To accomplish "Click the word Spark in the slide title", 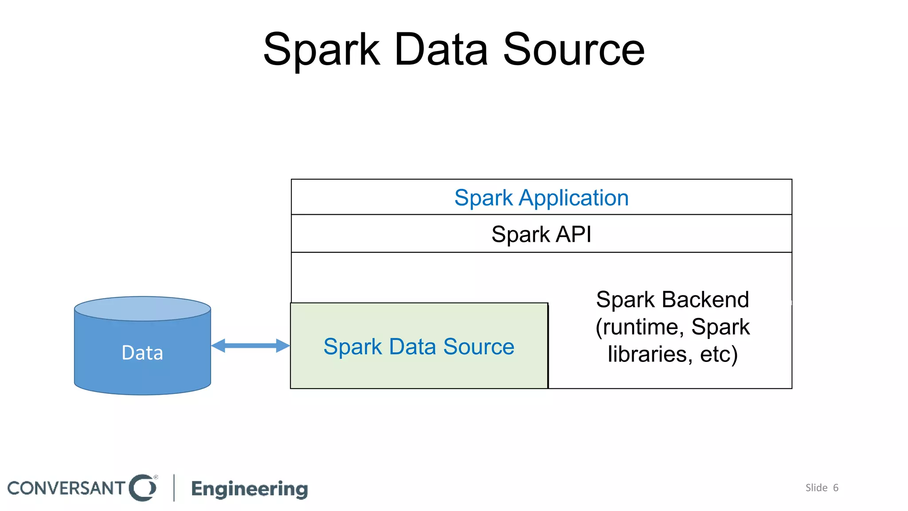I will [x=321, y=50].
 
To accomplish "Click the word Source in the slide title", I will [x=573, y=50].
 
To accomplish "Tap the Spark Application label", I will [x=541, y=198].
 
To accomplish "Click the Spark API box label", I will [x=541, y=234].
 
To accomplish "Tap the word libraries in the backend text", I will [x=647, y=354].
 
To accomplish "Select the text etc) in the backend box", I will [x=719, y=354].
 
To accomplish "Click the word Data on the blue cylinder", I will [x=142, y=353].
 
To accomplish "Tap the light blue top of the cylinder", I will [x=142, y=309].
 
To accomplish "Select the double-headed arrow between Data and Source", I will [x=250, y=346].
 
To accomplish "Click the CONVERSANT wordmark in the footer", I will [x=67, y=488].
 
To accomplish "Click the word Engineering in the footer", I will [x=249, y=489].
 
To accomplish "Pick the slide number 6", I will [x=836, y=488].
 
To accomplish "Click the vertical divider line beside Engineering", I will [x=174, y=488].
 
